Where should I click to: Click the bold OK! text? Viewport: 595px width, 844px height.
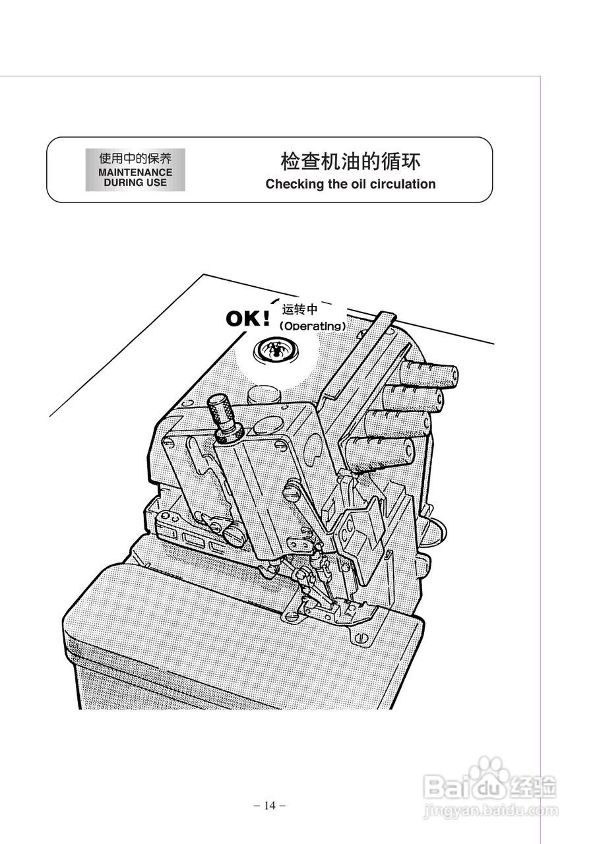[x=248, y=318]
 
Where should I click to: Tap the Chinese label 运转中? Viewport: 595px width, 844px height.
[x=300, y=310]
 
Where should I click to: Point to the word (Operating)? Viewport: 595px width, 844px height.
[x=312, y=326]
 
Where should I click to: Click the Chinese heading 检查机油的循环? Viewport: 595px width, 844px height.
[x=350, y=162]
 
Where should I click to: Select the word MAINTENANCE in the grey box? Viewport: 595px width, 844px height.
[x=135, y=173]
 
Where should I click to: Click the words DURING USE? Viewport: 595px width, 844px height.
[x=135, y=183]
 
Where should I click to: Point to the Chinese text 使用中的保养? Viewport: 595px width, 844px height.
[x=135, y=159]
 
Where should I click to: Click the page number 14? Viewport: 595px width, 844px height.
[x=269, y=805]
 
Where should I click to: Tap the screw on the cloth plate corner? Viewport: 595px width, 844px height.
[x=361, y=637]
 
